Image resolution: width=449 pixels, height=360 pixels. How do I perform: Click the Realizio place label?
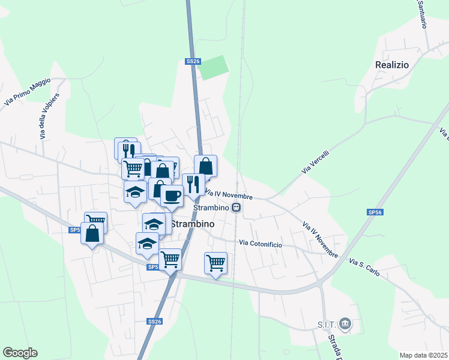391,64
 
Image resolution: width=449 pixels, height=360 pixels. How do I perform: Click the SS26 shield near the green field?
193,61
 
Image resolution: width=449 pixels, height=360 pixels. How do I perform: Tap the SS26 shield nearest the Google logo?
155,322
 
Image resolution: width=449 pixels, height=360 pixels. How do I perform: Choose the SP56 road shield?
375,212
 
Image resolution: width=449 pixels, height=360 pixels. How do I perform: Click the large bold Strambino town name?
193,223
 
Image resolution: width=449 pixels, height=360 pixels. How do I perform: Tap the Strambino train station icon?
237,208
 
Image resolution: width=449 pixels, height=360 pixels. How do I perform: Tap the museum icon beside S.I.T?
345,325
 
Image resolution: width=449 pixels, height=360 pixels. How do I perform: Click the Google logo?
20,353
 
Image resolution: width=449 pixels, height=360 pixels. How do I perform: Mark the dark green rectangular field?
215,68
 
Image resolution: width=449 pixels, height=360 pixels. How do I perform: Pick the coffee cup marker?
172,195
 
